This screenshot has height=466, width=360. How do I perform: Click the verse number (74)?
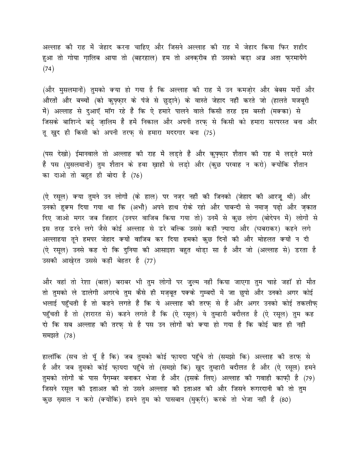click(48, 69)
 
